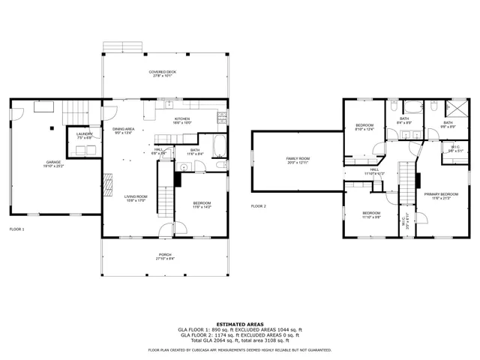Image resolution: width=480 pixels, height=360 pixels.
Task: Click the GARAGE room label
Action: tap(53, 161)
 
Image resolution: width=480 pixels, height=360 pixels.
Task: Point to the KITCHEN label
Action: tap(182, 118)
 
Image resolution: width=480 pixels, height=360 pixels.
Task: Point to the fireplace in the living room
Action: tap(108, 182)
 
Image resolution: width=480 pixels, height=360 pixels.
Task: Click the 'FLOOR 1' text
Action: tap(16, 229)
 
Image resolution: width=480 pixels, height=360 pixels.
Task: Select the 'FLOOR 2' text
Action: tap(259, 205)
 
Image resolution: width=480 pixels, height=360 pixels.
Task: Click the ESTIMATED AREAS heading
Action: tap(239, 324)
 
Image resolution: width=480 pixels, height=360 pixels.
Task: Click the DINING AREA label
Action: tap(124, 129)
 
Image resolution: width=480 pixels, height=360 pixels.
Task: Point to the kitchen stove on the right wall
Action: tap(222, 117)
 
